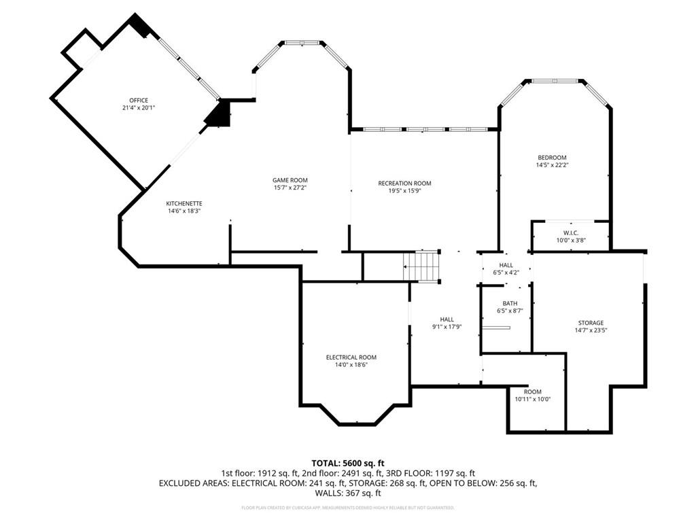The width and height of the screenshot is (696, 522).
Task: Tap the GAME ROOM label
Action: (290, 180)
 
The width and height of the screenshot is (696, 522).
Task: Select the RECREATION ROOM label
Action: (404, 184)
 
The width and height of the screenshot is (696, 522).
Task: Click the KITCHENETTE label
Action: (184, 203)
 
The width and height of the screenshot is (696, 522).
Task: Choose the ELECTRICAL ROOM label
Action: (351, 358)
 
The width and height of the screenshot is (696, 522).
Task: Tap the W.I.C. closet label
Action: (570, 232)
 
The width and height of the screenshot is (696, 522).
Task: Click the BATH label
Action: (510, 303)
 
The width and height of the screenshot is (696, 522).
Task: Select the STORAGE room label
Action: (591, 323)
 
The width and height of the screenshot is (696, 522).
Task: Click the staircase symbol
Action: (422, 265)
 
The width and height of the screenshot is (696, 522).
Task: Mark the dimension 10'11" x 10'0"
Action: (532, 399)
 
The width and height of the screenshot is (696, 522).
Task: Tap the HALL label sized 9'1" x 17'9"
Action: (447, 319)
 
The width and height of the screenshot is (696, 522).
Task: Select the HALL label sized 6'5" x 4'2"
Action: (506, 265)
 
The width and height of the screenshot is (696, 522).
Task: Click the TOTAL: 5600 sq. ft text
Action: (347, 463)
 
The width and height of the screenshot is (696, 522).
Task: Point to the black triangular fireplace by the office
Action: (219, 114)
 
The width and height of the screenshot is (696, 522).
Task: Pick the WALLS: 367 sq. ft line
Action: (347, 493)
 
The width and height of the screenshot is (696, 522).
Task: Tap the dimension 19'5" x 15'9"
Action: (404, 191)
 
